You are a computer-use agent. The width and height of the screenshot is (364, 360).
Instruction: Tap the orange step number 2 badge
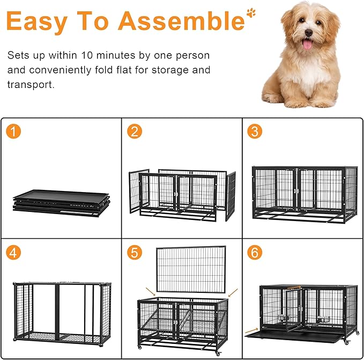(x=135, y=131)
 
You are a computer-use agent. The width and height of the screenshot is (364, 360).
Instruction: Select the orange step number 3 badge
(x=255, y=131)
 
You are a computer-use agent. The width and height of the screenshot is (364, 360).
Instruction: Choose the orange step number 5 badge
(x=135, y=252)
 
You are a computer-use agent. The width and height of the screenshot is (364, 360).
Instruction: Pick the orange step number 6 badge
(x=255, y=252)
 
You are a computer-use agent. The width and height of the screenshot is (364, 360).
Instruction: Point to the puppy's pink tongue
(x=307, y=44)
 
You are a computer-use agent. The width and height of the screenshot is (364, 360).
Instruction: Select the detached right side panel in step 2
(x=231, y=196)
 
